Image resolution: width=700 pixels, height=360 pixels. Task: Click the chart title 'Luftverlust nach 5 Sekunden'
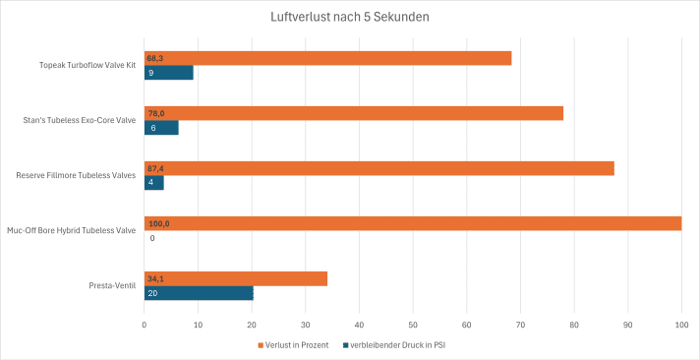(x=349, y=17)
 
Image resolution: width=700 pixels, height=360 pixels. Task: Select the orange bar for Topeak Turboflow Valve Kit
(x=328, y=58)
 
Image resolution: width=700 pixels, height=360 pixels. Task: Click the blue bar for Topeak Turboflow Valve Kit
(x=169, y=73)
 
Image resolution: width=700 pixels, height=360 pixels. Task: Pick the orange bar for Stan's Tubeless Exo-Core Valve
(x=354, y=113)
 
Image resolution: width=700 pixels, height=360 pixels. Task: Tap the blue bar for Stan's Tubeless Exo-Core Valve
(x=161, y=128)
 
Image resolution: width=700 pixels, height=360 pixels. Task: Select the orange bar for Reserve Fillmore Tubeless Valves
(x=379, y=168)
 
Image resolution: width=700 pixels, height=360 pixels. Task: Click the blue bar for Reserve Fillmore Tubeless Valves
(x=154, y=183)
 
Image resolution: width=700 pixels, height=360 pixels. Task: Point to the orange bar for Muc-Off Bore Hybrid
(x=413, y=223)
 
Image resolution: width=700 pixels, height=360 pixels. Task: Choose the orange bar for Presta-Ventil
(x=236, y=278)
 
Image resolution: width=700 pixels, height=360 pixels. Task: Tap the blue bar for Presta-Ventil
(x=199, y=293)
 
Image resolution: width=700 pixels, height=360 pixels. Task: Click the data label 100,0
(x=158, y=223)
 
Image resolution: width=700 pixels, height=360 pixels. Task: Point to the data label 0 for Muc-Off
(x=152, y=238)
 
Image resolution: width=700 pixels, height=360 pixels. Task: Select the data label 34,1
(x=155, y=278)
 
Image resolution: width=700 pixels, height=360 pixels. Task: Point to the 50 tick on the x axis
(x=413, y=324)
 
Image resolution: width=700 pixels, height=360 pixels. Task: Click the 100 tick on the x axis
(x=681, y=324)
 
